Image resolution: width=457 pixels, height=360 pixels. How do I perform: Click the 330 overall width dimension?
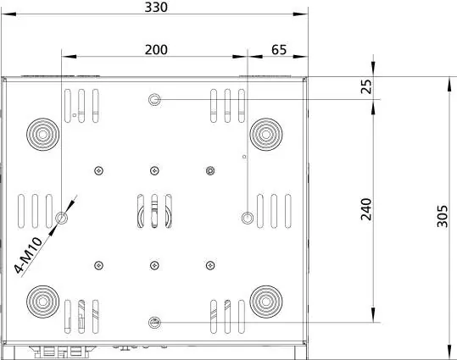[156, 8]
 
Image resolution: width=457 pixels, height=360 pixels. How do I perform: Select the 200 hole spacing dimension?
[156, 50]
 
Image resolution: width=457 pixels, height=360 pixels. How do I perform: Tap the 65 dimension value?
[279, 50]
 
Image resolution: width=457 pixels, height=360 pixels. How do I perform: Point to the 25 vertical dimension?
[366, 86]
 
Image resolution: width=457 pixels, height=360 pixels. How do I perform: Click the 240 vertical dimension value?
[366, 209]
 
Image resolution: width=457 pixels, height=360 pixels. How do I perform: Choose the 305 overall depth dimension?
[443, 216]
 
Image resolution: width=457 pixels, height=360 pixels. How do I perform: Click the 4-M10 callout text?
[29, 255]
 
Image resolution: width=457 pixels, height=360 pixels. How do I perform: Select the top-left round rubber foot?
[43, 135]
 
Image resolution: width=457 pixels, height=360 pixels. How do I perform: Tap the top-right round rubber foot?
[266, 135]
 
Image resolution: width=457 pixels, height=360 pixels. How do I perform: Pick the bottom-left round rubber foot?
[43, 302]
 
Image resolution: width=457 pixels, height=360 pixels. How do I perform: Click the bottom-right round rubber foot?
[266, 302]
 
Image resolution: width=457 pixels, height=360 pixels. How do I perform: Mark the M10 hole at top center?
[154, 100]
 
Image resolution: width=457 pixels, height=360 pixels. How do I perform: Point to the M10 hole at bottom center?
[154, 323]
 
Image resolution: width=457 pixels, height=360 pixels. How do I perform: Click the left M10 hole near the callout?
[62, 218]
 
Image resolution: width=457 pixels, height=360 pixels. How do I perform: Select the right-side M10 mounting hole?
[248, 218]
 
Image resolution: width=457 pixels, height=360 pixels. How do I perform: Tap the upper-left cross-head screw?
[99, 170]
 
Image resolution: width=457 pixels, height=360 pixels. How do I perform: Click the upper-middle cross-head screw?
[154, 170]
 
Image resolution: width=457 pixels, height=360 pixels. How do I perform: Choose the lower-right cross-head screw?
[210, 265]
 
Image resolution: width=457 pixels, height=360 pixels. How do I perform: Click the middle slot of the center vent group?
[154, 211]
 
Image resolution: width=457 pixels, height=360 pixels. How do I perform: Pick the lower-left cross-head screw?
[99, 265]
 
